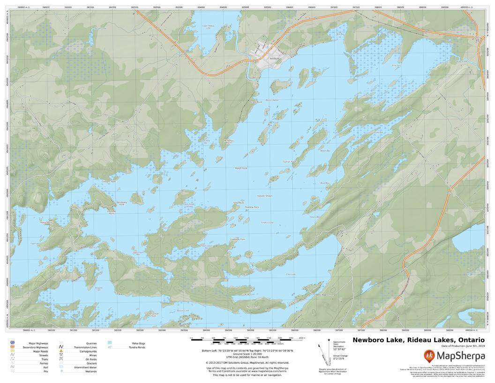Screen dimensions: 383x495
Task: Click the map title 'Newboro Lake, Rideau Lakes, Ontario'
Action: click(x=419, y=340)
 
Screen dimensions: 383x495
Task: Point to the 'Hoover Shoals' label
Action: click(x=264, y=196)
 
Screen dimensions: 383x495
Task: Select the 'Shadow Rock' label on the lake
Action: click(x=252, y=207)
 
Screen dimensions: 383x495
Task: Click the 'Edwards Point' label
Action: click(x=238, y=239)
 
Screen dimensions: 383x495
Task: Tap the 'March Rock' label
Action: click(x=241, y=168)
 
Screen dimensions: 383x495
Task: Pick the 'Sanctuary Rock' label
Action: click(x=121, y=204)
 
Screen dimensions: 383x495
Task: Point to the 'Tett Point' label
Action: click(x=238, y=203)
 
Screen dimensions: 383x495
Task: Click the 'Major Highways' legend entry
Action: click(x=38, y=344)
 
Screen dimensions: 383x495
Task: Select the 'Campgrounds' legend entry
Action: click(x=88, y=352)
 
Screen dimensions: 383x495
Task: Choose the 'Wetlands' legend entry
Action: click(x=91, y=371)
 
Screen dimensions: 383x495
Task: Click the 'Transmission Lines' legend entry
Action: click(x=85, y=347)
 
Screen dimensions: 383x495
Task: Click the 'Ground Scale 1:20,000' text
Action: click(x=247, y=354)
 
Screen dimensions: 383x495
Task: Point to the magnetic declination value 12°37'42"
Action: click(x=339, y=349)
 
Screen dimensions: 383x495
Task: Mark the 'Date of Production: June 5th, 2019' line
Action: click(x=463, y=346)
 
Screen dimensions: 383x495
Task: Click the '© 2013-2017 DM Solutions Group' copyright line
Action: click(x=247, y=363)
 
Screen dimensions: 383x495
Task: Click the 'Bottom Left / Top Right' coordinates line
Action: click(x=247, y=351)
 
